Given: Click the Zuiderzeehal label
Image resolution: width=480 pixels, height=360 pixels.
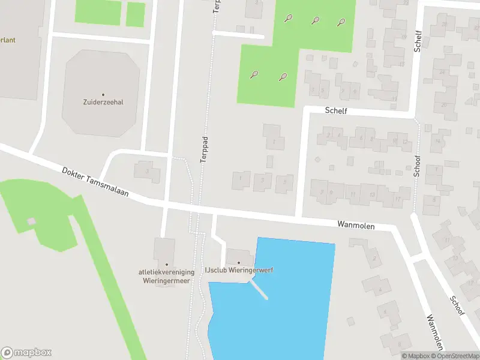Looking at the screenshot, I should click(x=103, y=102).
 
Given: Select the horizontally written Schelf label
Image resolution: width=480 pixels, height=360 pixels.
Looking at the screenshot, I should click(x=336, y=111).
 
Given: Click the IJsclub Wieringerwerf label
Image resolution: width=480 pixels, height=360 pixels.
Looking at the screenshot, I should click(x=239, y=271).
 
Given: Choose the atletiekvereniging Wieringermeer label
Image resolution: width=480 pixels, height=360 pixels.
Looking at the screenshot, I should click(x=167, y=275).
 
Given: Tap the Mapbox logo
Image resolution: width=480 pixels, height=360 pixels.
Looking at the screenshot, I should click(x=26, y=352).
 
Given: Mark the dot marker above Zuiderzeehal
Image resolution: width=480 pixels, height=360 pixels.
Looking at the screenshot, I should click(x=103, y=94).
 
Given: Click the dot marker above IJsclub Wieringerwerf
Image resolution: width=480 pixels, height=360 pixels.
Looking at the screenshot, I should click(x=239, y=263).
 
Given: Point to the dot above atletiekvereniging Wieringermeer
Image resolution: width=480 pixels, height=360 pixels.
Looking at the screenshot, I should click(x=167, y=264).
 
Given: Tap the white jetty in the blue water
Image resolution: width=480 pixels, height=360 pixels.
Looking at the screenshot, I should click(x=259, y=289).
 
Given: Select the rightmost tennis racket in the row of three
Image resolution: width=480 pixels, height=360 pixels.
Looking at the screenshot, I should click(x=341, y=22).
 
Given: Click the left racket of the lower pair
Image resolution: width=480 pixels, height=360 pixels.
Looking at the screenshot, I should click(x=254, y=75).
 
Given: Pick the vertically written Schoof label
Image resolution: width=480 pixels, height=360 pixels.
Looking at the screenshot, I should click(x=416, y=162).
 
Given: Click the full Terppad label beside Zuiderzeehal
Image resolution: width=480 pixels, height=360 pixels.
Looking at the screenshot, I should click(x=204, y=148).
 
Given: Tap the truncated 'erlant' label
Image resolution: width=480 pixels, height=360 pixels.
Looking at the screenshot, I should click(x=8, y=40).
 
